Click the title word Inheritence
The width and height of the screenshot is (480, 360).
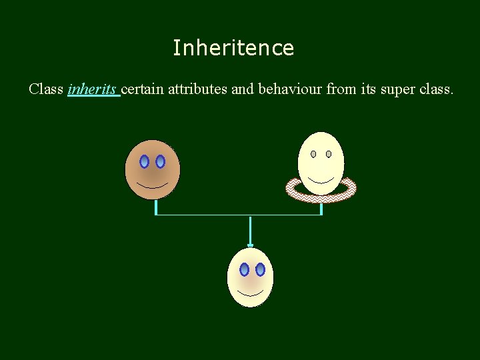click(233, 48)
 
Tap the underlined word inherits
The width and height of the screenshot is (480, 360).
click(93, 89)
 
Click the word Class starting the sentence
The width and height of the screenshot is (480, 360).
click(46, 89)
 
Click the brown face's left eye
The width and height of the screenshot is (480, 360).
click(144, 161)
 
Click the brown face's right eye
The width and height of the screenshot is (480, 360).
click(160, 161)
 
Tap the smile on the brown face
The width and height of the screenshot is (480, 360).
click(152, 185)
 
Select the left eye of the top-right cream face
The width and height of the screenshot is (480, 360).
click(313, 154)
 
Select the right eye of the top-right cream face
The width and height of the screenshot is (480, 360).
click(329, 154)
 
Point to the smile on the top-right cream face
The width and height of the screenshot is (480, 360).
click(321, 181)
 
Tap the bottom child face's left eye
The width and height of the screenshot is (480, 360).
click(244, 269)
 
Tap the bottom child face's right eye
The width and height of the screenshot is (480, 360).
click(260, 269)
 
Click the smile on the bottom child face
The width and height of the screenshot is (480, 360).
click(251, 292)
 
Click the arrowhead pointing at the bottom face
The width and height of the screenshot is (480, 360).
click(250, 245)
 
